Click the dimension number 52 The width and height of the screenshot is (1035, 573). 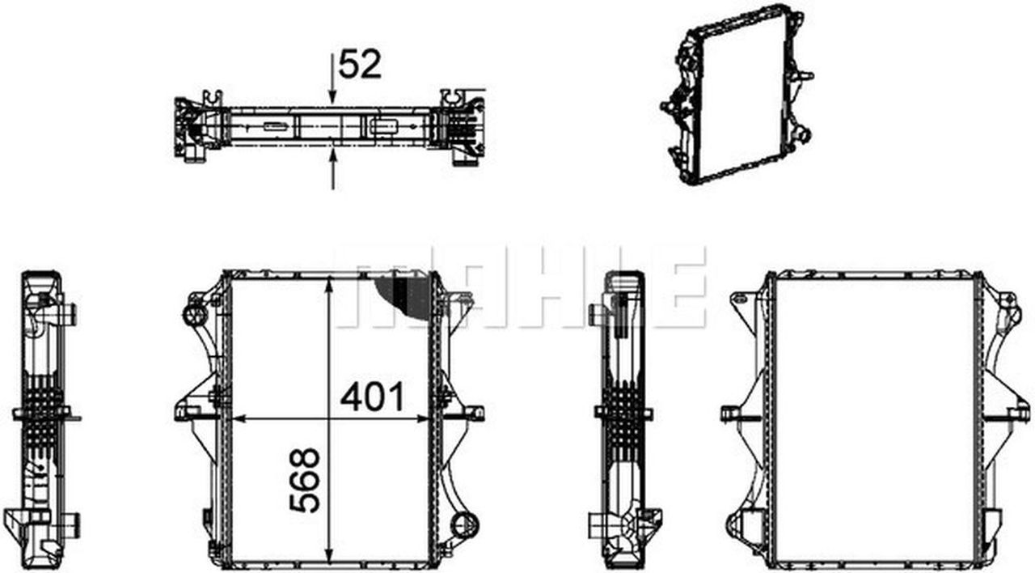pos(360,65)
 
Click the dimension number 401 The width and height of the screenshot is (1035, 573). pos(372,397)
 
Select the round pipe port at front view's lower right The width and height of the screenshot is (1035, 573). pos(465,525)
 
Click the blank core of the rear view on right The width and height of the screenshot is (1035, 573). pos(873,421)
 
